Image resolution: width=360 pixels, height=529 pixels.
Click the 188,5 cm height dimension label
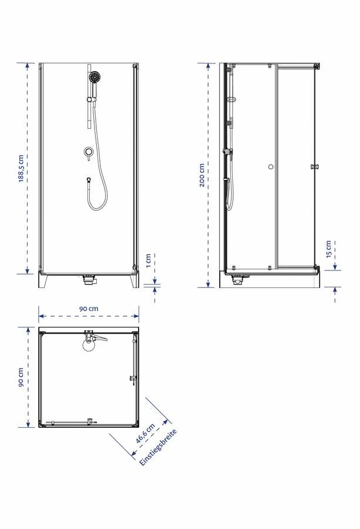click(x=21, y=169)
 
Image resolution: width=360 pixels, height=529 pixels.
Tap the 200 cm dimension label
click(x=201, y=175)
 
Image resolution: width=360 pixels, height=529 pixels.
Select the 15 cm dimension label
click(x=329, y=249)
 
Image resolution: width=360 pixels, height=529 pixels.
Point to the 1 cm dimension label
click(x=149, y=260)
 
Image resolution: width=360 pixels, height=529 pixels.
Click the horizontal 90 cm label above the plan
click(x=89, y=309)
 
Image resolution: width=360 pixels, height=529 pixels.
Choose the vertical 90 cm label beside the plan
click(x=21, y=377)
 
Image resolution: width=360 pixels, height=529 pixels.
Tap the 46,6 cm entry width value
click(x=145, y=433)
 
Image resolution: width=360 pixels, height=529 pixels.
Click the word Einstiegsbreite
click(x=158, y=448)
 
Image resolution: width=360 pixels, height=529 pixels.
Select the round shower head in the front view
click(x=95, y=77)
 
